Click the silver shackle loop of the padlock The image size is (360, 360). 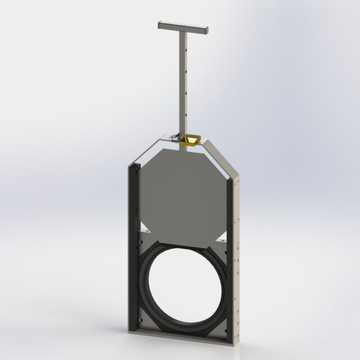[177, 137]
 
